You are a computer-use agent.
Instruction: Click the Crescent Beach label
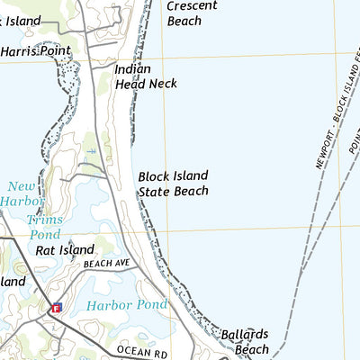pyautogui.click(x=190, y=13)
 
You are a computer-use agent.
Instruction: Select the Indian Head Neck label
pyautogui.click(x=145, y=76)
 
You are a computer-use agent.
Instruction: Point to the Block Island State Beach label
pyautogui.click(x=174, y=183)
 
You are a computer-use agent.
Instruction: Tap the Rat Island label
pyautogui.click(x=65, y=249)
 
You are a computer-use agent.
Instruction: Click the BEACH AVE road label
pyautogui.click(x=107, y=264)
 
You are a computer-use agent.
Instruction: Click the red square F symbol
pyautogui.click(x=56, y=308)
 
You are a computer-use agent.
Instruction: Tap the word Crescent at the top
pyautogui.click(x=191, y=5)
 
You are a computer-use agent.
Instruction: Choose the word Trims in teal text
pyautogui.click(x=44, y=220)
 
